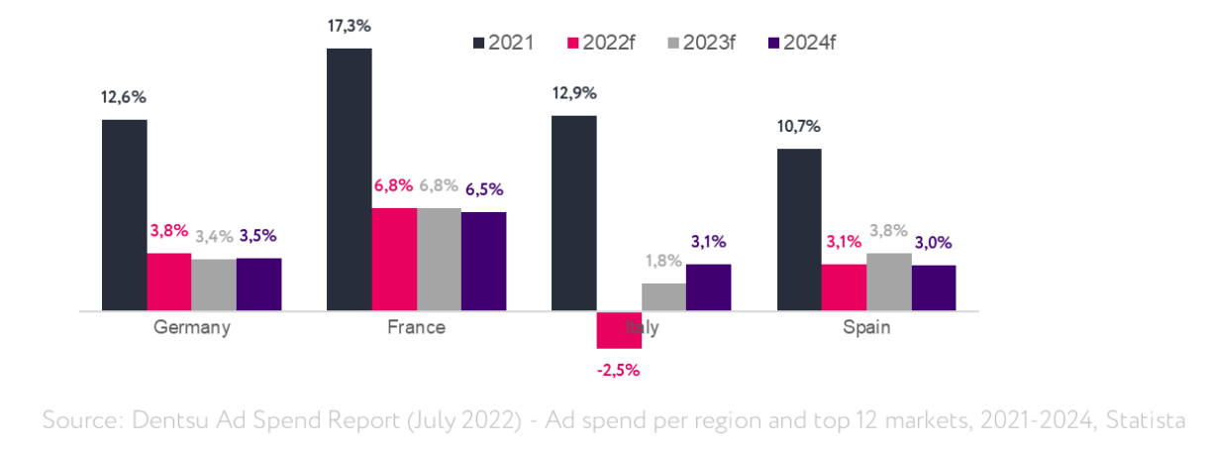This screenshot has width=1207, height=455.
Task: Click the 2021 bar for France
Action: point(350,179)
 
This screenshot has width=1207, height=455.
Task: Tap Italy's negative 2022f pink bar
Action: point(619,330)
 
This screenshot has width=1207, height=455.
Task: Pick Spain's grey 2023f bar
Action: point(888,282)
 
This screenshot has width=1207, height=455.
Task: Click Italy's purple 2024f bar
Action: point(708,287)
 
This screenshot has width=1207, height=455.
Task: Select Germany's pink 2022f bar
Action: point(169,282)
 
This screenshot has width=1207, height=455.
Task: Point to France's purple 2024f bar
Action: point(483,261)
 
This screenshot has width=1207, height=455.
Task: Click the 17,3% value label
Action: point(350,25)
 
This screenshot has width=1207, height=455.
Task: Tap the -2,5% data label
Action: point(619,371)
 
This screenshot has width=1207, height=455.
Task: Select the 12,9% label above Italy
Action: point(574,93)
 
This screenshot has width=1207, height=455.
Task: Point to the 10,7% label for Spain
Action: point(799,126)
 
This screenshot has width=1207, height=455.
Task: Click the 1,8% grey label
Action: point(663,261)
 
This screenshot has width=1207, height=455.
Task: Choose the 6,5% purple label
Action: point(483,187)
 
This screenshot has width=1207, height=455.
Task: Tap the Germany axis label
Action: point(192,327)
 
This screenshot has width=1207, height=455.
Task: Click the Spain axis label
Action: point(866,327)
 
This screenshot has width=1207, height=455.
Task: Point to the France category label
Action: point(416,327)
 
